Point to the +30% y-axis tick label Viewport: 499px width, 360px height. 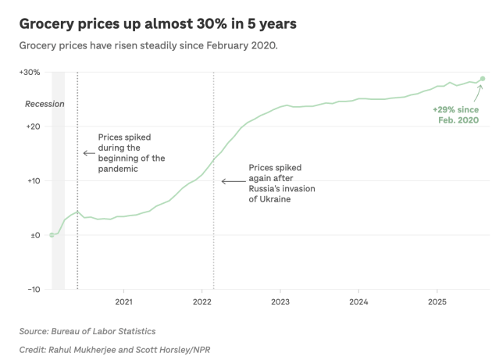pos(30,72)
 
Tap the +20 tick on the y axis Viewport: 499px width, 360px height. pos(32,127)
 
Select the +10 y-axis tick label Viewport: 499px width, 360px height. pos(32,180)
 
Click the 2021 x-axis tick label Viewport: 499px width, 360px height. pos(123,301)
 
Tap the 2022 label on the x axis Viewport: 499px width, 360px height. pos(201,301)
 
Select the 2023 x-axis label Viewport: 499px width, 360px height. pos(280,301)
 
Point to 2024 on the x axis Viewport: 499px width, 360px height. pos(358,301)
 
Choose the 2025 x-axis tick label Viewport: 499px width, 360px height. pos(437,301)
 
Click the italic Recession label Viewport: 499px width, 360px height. pos(45,104)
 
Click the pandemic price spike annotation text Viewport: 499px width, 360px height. pos(131,153)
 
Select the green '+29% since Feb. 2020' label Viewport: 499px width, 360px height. pos(456,116)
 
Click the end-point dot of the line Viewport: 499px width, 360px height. pos(483,79)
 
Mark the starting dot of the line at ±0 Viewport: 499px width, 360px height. pos(52,235)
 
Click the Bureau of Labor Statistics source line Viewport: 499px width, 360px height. pos(87,331)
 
